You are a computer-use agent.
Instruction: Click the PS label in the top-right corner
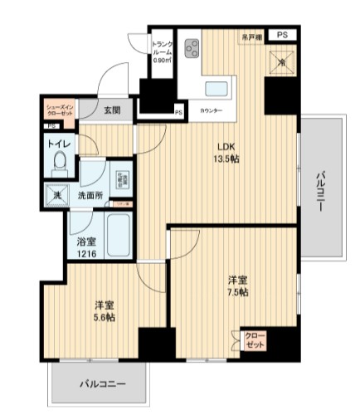[283, 35]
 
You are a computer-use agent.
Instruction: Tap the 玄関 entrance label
[113, 109]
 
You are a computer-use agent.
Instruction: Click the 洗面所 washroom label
[89, 196]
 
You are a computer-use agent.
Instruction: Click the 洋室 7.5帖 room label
[236, 286]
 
